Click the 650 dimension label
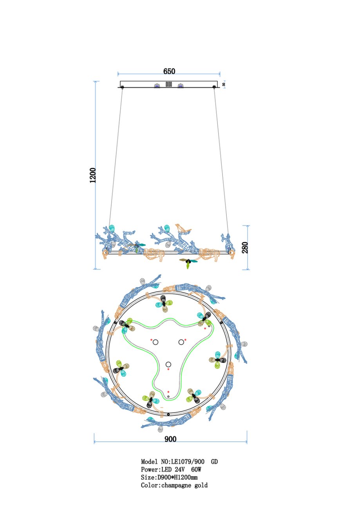coord(169,71)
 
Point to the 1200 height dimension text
coord(93,175)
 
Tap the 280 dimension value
coord(245,248)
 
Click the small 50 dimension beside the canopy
coord(224,84)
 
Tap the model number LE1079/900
coord(188,462)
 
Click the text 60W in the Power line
coord(196,469)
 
